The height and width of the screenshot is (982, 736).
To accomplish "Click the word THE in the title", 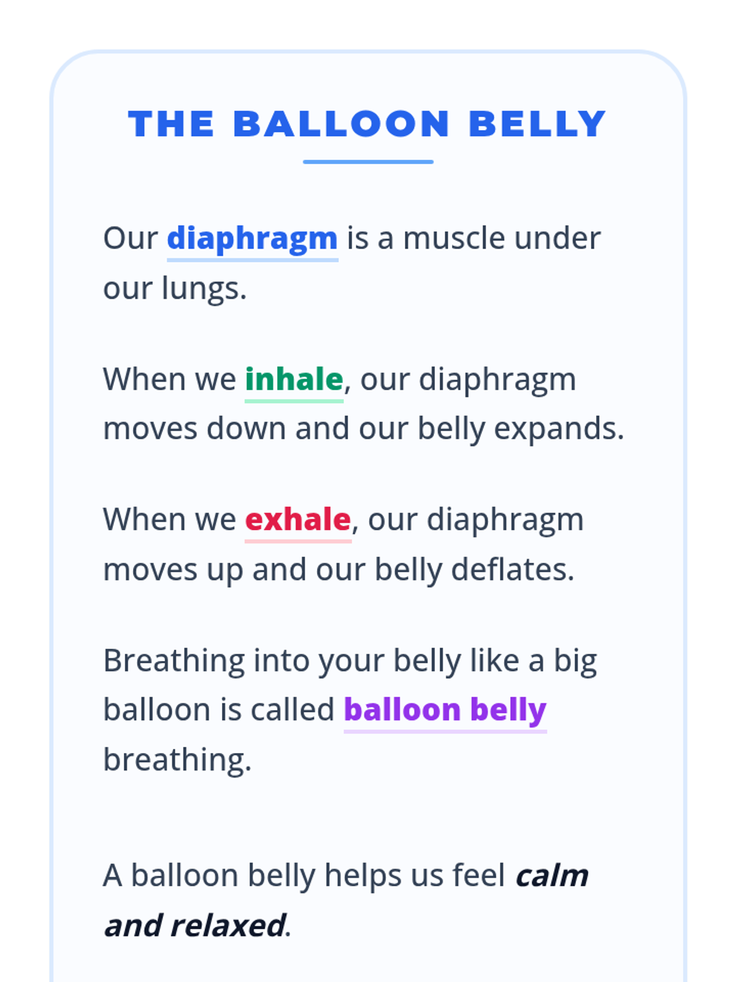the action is click(x=171, y=123).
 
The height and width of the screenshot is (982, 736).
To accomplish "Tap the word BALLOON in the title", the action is click(x=342, y=123).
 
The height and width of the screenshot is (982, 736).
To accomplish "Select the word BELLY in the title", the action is click(x=538, y=123).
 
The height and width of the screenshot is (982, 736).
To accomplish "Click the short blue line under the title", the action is click(x=368, y=162).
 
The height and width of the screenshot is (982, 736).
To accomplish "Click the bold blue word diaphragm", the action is click(x=253, y=239).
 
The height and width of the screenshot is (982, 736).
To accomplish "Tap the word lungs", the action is click(x=204, y=289).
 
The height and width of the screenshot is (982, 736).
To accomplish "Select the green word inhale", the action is click(x=294, y=379).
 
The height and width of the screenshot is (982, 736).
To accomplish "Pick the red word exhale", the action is click(x=298, y=519).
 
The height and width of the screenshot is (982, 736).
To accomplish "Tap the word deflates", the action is click(x=513, y=570).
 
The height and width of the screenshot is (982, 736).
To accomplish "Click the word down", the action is click(x=246, y=428).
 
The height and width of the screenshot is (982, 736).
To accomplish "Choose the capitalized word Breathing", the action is click(x=174, y=661).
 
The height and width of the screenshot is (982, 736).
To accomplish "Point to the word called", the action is click(x=293, y=710).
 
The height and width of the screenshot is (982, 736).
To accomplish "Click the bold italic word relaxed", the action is click(x=228, y=926).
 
